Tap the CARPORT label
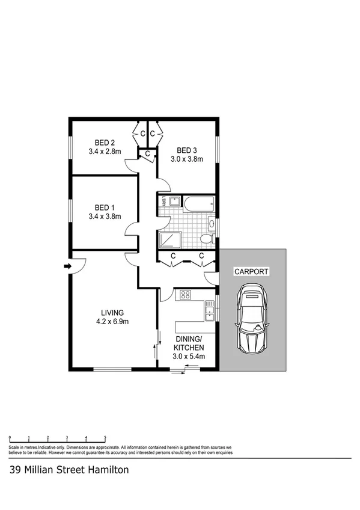[251, 271]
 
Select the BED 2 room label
[100, 143]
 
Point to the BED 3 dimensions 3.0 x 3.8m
[189, 159]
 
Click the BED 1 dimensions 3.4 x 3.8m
[105, 217]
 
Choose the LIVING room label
[112, 312]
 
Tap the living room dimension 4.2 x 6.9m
[112, 321]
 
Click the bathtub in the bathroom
[198, 204]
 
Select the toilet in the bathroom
[206, 239]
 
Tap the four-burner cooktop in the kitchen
[184, 295]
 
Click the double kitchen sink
[209, 312]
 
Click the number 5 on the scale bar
[105, 437]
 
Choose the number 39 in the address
[16, 470]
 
